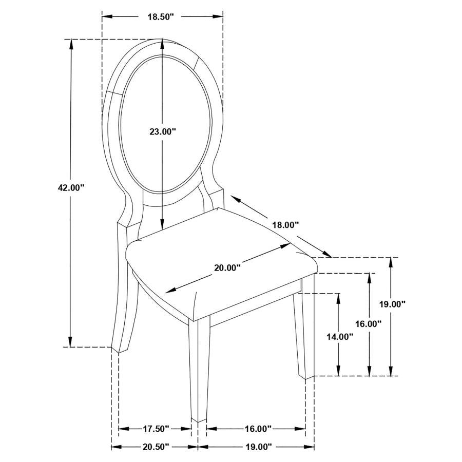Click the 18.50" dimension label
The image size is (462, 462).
(x=161, y=17)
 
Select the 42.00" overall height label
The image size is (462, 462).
(x=71, y=188)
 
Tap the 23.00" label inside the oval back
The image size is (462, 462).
(x=163, y=132)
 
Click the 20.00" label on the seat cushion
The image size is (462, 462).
(x=227, y=267)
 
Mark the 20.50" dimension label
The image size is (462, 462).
(x=155, y=447)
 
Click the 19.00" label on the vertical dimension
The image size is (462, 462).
(x=392, y=303)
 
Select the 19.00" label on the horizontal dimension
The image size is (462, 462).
(x=256, y=447)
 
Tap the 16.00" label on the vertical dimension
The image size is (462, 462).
(x=369, y=324)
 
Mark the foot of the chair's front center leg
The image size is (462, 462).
(x=199, y=420)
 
